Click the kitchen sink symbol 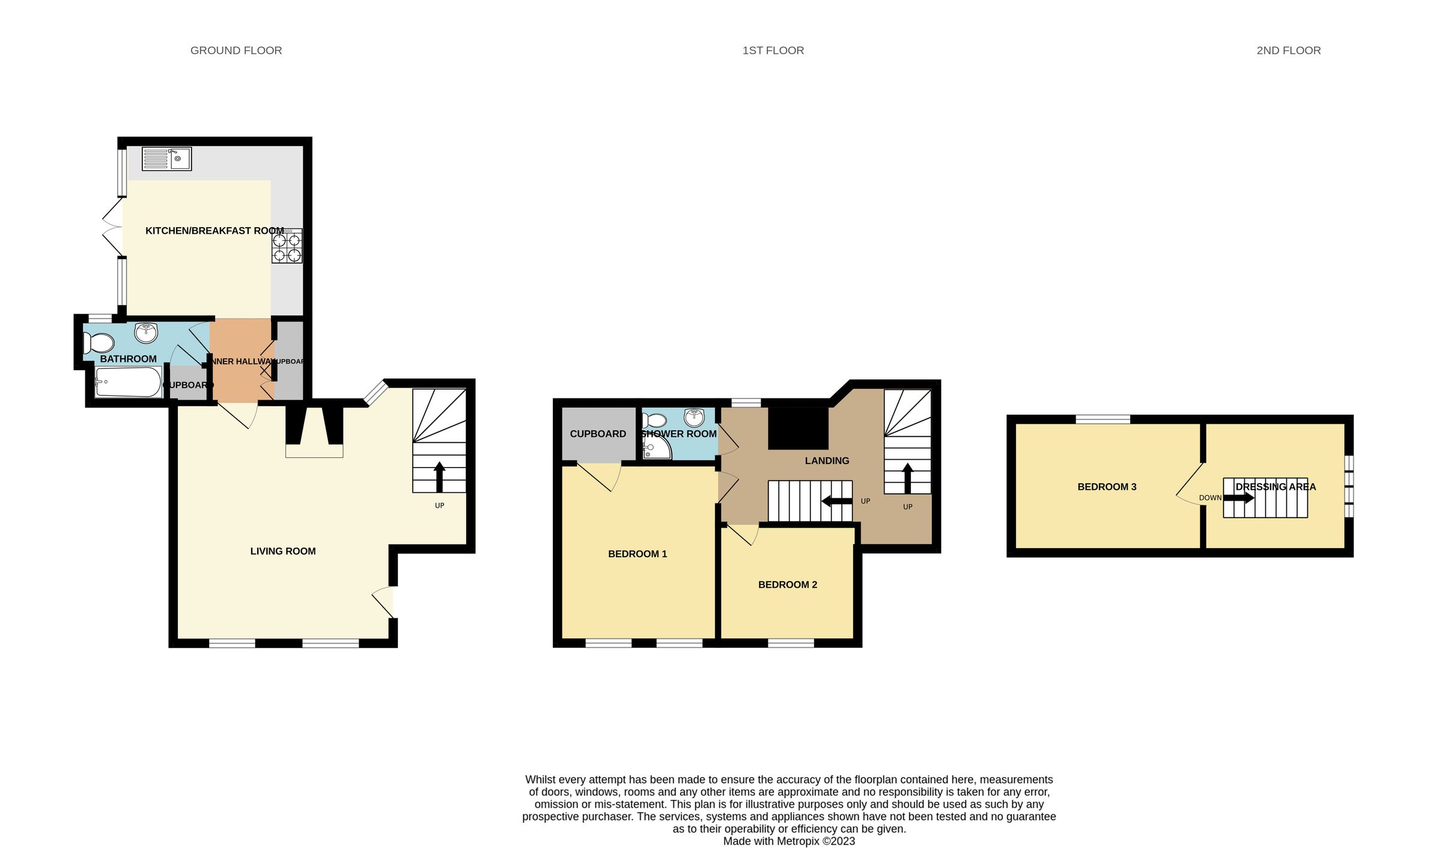pyautogui.click(x=166, y=159)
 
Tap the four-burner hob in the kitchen pyautogui.click(x=287, y=246)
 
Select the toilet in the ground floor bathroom pyautogui.click(x=99, y=344)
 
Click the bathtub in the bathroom pyautogui.click(x=127, y=382)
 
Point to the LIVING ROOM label pyautogui.click(x=282, y=551)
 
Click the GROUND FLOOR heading pyautogui.click(x=236, y=50)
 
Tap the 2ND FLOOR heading pyautogui.click(x=1288, y=50)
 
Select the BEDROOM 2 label pyautogui.click(x=787, y=585)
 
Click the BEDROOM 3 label pyautogui.click(x=1107, y=487)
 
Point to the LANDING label pyautogui.click(x=827, y=461)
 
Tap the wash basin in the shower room pyautogui.click(x=694, y=417)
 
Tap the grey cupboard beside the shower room pyautogui.click(x=598, y=434)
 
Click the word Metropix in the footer pyautogui.click(x=798, y=841)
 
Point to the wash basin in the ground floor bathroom pyautogui.click(x=145, y=332)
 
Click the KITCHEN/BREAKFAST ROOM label pyautogui.click(x=214, y=231)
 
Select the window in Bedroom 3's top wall pyautogui.click(x=1103, y=419)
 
